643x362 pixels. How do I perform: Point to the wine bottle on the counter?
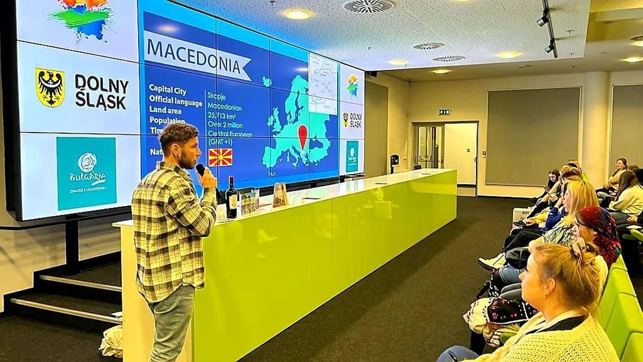[232, 199]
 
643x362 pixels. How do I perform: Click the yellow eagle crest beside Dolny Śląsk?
[50, 87]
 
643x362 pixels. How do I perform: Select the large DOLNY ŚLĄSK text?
[101, 92]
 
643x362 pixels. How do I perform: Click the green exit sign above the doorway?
[444, 112]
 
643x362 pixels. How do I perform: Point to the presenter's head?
[179, 144]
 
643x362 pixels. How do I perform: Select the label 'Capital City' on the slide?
[167, 90]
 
